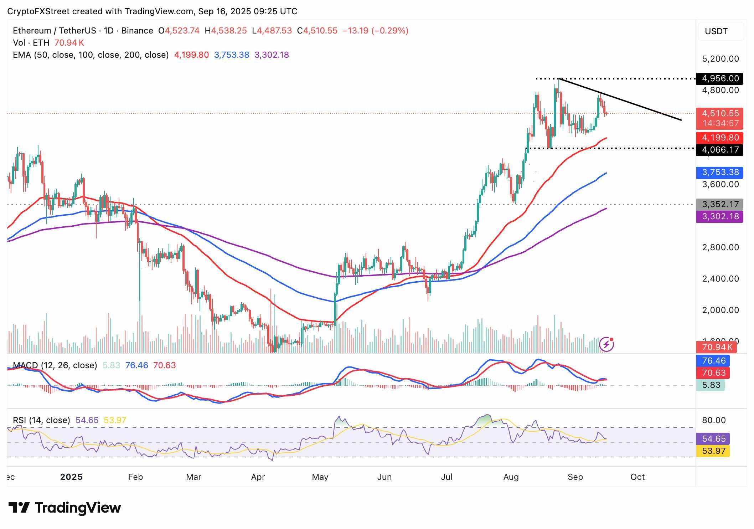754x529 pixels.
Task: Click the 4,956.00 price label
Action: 720,78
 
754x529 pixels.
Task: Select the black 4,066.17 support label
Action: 720,150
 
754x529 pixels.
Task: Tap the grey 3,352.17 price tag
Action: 720,205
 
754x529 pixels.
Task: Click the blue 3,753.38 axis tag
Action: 720,173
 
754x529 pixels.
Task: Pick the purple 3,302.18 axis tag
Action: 720,216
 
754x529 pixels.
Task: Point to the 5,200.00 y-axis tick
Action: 720,59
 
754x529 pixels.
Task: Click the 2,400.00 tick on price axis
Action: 720,279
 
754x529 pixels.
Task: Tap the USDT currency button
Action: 716,31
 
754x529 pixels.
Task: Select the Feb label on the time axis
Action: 135,477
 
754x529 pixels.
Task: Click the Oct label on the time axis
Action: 637,477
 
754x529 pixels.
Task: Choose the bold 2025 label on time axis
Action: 71,477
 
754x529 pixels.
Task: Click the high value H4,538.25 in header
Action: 226,31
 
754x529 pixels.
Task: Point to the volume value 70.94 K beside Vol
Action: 69,43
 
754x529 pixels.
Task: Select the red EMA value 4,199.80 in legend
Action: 191,55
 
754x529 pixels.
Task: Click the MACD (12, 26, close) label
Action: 55,365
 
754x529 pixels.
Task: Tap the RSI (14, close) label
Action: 41,420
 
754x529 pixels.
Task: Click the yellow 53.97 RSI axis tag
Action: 713,451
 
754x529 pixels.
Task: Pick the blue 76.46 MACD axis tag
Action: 713,361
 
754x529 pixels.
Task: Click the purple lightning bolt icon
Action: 606,344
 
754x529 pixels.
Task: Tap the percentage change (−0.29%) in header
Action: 390,31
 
